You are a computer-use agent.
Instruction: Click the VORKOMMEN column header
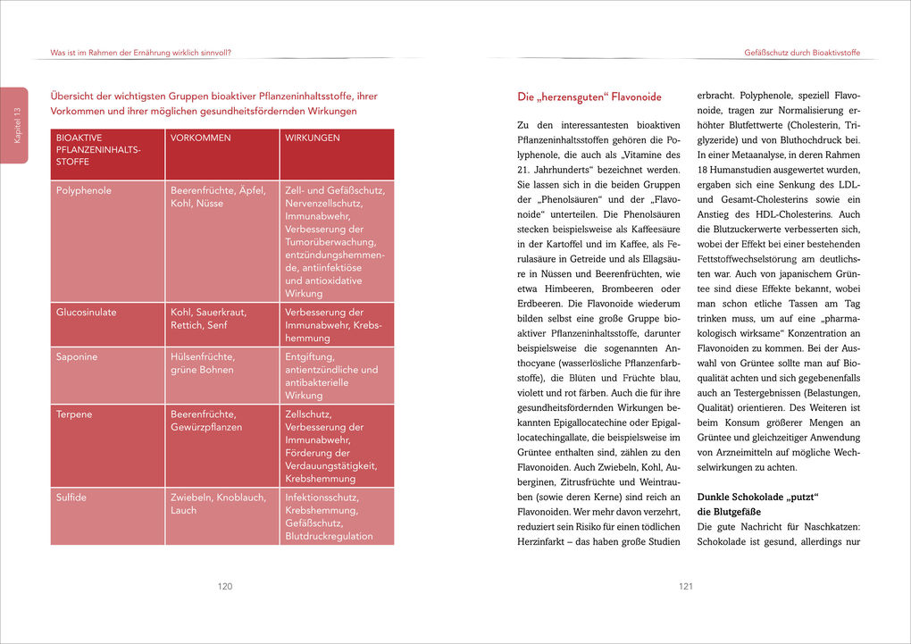tap(201, 138)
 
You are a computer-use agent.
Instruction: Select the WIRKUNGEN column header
tap(312, 138)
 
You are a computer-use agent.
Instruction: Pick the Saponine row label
tap(77, 357)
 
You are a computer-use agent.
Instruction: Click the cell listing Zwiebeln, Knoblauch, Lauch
tap(218, 504)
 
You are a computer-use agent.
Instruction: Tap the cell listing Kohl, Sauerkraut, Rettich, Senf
tap(209, 319)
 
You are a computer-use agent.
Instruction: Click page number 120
tap(225, 587)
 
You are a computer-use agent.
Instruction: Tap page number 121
tap(685, 587)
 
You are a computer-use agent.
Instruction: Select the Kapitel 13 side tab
tap(13, 125)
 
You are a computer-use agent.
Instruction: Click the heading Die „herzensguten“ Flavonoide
tap(589, 96)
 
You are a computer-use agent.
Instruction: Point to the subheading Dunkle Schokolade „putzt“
tap(757, 496)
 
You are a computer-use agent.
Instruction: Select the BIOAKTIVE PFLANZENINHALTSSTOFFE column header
tap(98, 151)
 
